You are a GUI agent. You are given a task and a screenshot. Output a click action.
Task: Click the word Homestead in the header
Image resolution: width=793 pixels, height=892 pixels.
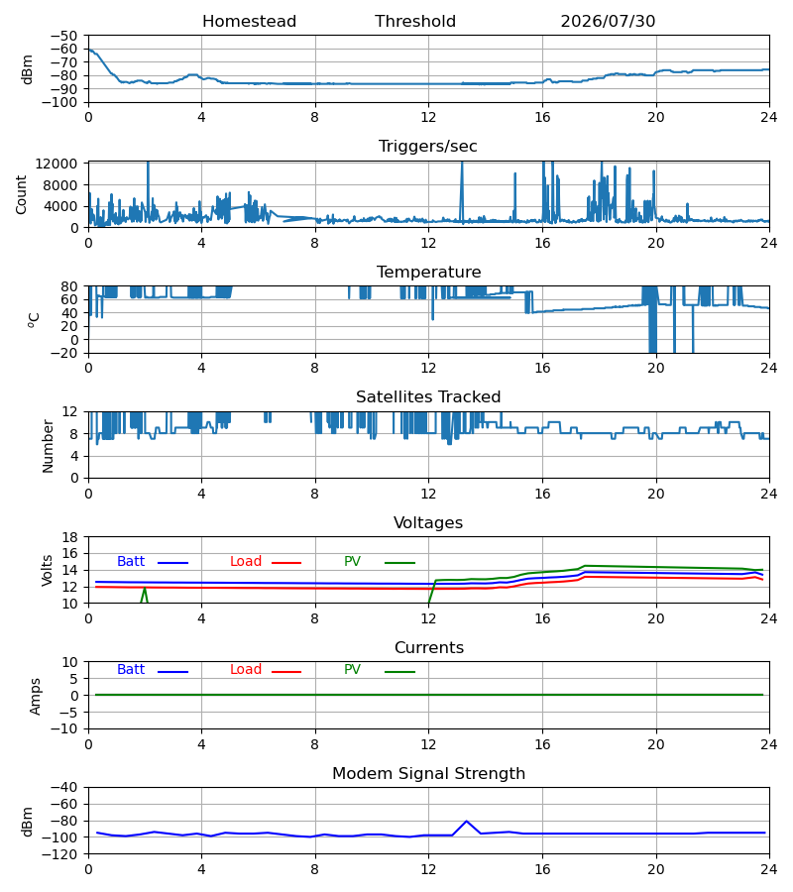pos(249,22)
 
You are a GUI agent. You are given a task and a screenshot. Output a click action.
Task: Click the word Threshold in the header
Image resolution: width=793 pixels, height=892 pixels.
pos(415,22)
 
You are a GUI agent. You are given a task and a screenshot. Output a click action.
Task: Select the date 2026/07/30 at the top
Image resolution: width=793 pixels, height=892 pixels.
pos(608,22)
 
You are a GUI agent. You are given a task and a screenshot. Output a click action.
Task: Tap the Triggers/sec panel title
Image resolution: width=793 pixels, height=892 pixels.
pos(428,147)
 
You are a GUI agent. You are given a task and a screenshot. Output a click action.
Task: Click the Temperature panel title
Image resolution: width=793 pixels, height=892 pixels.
pos(428,272)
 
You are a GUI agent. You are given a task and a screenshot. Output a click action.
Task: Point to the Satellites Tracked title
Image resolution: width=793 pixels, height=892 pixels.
pos(428,397)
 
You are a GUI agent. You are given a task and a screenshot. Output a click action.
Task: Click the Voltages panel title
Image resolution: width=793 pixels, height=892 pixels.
pos(428,522)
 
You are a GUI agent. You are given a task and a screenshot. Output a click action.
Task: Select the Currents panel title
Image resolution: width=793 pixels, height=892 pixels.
pos(429,648)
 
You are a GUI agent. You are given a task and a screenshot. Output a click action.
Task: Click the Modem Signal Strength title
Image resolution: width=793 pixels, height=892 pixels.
pos(429,774)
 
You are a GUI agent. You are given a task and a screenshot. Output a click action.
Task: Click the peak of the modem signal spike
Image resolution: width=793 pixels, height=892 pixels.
pos(467,821)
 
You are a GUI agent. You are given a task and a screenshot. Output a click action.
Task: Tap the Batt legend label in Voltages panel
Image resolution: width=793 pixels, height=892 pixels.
pos(131,562)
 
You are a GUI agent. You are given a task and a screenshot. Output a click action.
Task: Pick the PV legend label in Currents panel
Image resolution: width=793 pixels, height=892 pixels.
pos(352,670)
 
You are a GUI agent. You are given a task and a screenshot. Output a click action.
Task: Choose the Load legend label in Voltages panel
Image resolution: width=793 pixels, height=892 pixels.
pos(246,562)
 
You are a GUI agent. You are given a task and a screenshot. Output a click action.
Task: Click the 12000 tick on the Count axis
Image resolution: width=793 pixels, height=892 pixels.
pos(57,164)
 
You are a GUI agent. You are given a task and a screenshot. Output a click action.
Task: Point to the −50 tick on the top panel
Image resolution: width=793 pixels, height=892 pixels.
pos(63,36)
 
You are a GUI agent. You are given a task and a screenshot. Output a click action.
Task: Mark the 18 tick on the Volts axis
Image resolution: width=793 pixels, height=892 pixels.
pos(70,537)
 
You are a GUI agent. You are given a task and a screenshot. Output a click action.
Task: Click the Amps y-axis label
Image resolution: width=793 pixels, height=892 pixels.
pos(36,697)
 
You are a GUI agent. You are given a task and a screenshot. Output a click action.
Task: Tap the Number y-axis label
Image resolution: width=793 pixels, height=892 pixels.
pos(48,447)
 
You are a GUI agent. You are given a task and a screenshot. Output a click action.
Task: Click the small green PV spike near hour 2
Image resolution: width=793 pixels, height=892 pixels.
pos(145,590)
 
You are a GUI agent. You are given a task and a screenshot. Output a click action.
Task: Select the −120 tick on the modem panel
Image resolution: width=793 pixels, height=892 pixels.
pos(63,855)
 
